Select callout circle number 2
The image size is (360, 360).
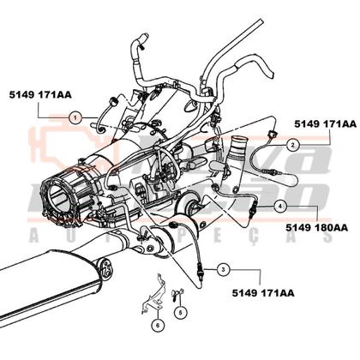(292, 145)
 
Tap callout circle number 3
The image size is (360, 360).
(222, 269)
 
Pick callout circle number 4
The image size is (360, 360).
(281, 206)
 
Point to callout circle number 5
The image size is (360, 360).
(181, 312)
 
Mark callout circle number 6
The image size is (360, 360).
(158, 325)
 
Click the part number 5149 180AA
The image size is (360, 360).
(317, 228)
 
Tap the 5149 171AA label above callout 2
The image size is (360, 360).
(325, 123)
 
